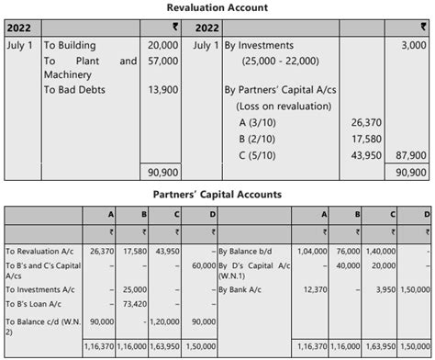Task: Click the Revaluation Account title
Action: click(217, 8)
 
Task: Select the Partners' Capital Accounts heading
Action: click(217, 195)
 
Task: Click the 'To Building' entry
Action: click(69, 44)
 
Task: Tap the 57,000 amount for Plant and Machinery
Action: click(163, 61)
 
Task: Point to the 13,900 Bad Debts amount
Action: click(163, 89)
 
